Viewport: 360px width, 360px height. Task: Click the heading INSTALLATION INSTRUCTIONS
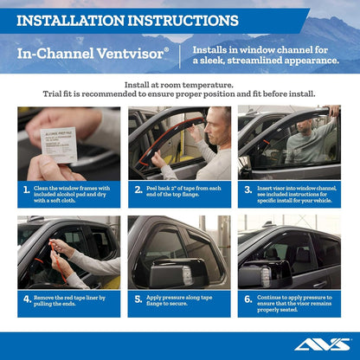[127, 19]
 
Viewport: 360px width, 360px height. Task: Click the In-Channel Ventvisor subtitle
[93, 53]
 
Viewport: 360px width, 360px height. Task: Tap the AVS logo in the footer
[323, 343]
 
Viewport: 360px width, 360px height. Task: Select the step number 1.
[27, 190]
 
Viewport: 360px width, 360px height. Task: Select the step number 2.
[138, 190]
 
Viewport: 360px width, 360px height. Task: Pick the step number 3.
[247, 190]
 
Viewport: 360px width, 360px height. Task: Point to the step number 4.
[27, 299]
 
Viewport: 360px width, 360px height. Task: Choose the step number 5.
[138, 299]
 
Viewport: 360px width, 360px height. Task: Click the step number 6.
[247, 299]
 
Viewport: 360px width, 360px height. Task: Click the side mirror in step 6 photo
[253, 275]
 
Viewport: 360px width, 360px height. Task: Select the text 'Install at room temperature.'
[179, 85]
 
